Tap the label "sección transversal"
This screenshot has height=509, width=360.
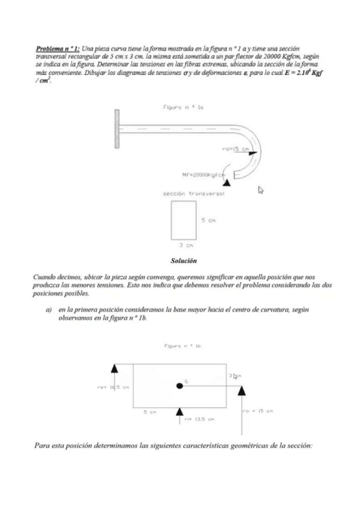point(187,194)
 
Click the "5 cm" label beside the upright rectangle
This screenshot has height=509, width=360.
point(208,220)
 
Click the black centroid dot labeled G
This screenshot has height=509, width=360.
point(179,385)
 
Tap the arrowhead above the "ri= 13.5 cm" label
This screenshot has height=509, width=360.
point(179,411)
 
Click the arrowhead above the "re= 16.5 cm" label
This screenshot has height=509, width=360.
point(115,367)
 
